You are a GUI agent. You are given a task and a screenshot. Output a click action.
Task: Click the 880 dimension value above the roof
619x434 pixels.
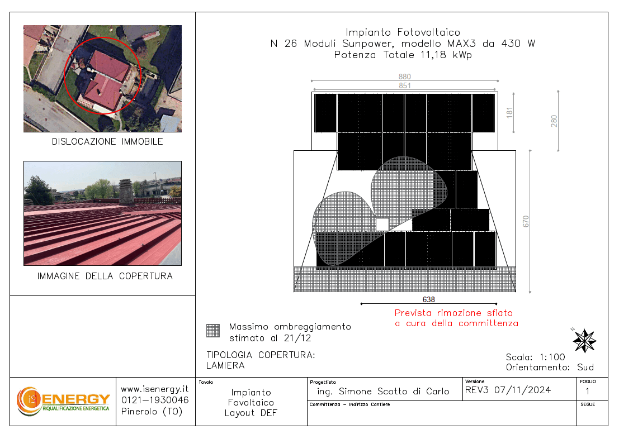point(405,77)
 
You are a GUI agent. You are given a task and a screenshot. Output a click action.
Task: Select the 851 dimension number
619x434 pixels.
point(405,85)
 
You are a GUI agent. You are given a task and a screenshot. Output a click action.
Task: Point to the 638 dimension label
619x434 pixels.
point(429,299)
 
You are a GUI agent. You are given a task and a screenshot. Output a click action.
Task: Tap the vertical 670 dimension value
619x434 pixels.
point(526,221)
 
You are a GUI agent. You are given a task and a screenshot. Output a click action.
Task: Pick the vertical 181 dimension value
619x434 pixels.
point(509,112)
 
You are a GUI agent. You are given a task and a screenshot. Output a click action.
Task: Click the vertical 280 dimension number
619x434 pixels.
point(554,121)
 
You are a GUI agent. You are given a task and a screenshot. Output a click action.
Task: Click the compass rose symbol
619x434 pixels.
point(584,340)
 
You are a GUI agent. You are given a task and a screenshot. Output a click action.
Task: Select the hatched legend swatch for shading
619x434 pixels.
point(213,331)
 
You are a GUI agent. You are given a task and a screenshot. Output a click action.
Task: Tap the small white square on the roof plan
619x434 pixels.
point(382,225)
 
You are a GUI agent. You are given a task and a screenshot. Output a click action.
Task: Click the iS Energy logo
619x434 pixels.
point(63,401)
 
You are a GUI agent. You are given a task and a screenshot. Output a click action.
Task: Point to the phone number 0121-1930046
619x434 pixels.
point(155,400)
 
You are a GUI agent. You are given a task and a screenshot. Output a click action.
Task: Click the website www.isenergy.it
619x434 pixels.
point(155,389)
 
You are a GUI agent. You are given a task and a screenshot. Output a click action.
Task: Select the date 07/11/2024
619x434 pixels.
point(523,390)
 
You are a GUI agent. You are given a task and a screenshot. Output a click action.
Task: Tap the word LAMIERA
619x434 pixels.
point(225,365)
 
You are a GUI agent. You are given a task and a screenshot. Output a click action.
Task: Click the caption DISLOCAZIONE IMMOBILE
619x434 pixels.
point(107,141)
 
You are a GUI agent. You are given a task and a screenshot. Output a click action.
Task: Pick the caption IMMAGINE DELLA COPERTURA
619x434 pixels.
point(105,276)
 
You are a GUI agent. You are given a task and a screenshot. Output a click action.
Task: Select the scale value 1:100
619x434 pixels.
point(552,357)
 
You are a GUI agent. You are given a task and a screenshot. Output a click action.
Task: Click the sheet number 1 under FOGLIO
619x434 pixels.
point(588,391)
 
